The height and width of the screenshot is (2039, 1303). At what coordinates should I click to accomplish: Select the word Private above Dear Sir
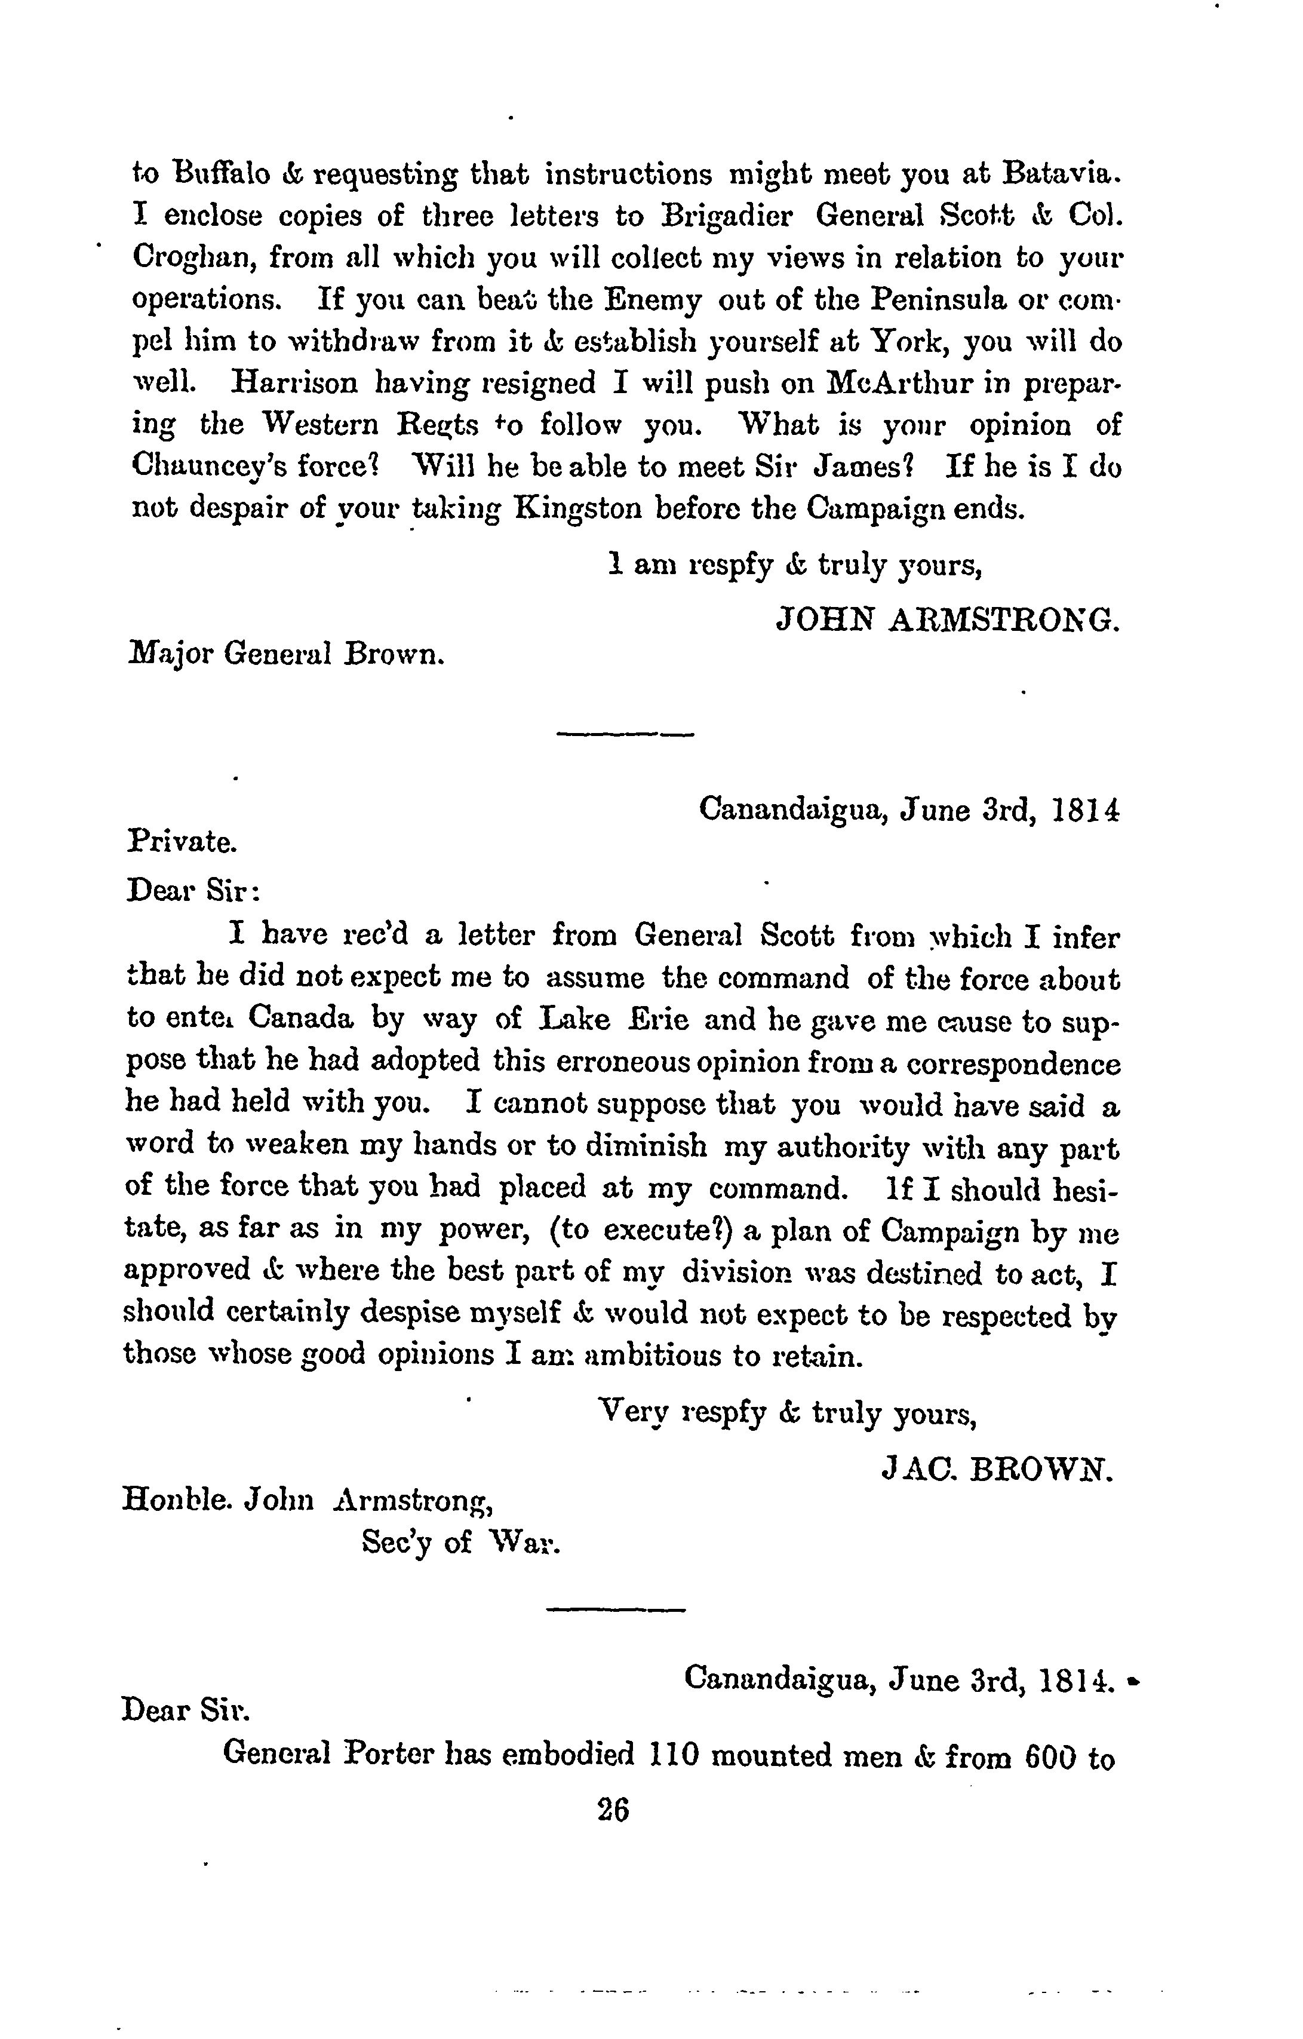[182, 842]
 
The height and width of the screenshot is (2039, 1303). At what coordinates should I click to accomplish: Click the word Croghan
[192, 258]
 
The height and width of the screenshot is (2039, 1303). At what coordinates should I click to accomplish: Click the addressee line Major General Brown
[286, 655]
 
